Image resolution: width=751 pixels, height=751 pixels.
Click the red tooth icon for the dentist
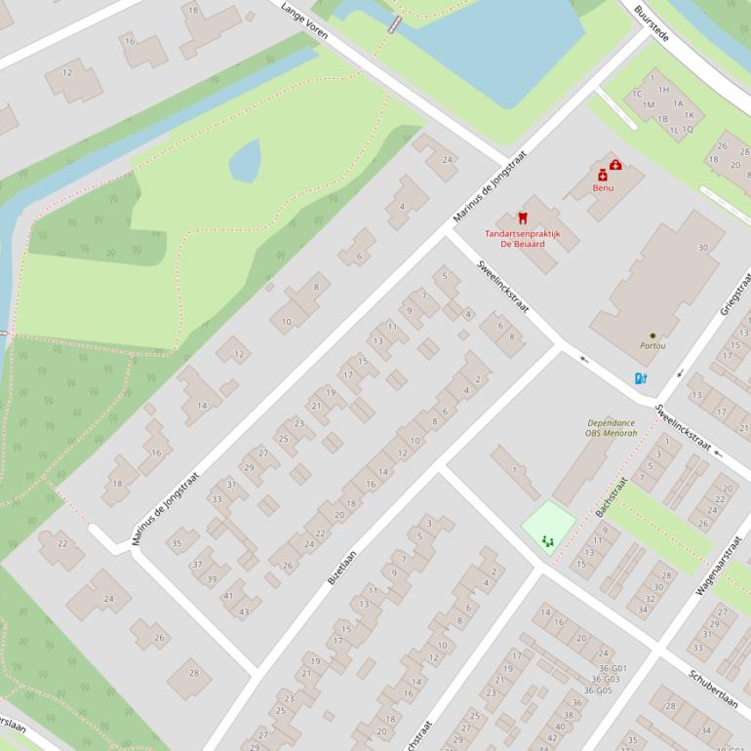tap(522, 219)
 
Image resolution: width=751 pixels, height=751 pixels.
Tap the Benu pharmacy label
tap(603, 186)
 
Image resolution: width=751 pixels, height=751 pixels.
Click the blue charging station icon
tap(640, 378)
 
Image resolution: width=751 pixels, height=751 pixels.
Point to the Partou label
tap(652, 345)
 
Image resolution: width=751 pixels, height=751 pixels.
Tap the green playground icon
tap(547, 537)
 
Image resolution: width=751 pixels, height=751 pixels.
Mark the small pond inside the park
tap(245, 160)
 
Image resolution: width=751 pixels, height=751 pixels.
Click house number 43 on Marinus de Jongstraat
tap(244, 612)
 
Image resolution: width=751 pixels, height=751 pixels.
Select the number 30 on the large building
tap(702, 248)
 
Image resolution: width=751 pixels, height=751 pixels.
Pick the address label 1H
tap(663, 90)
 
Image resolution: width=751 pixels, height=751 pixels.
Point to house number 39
tap(211, 579)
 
